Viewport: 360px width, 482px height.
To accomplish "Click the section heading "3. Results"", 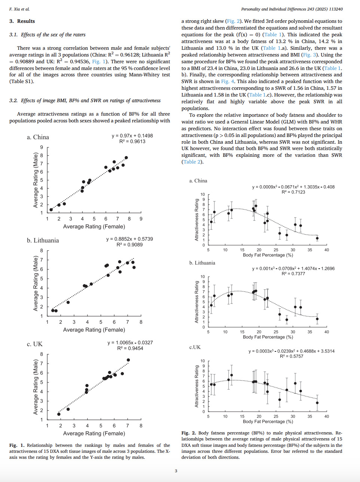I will click(x=22, y=21).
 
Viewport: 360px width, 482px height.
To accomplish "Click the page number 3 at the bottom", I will click(x=176, y=471).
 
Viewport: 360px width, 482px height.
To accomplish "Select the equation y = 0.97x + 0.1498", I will click(x=132, y=135).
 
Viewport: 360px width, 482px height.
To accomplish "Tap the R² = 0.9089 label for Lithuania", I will click(x=129, y=244).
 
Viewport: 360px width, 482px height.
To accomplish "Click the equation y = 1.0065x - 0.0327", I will click(x=130, y=342).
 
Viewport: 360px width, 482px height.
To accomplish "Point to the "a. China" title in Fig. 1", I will click(x=38, y=137).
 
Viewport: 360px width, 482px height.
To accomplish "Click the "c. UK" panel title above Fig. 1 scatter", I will click(x=34, y=344).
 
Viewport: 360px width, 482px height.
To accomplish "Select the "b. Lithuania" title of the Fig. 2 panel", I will click(x=202, y=263).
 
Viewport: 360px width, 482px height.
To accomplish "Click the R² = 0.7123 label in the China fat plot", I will click(x=293, y=192).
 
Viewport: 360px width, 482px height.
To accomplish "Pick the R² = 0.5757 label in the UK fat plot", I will click(x=292, y=356).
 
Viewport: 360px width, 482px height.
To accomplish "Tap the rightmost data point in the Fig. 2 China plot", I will click(x=317, y=238).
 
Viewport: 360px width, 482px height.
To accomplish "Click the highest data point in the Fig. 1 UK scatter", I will click(x=128, y=360).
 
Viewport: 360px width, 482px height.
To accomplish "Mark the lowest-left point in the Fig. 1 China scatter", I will click(x=51, y=210).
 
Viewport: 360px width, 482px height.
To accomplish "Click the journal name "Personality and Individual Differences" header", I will click(x=277, y=9).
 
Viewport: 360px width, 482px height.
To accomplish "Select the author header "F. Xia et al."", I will click(x=19, y=9).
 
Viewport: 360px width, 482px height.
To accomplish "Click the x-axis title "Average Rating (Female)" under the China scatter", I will click(x=94, y=226).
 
